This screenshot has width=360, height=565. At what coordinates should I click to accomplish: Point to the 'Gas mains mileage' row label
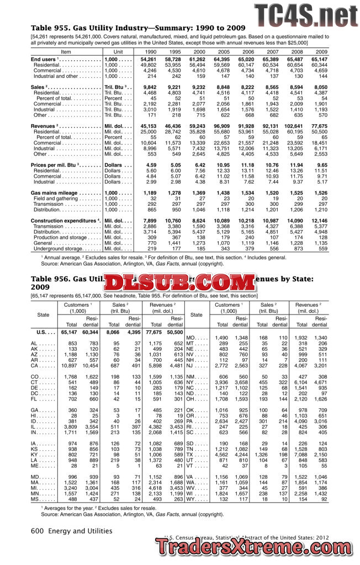point(55,193)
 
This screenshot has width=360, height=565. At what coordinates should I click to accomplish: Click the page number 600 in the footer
point(37,531)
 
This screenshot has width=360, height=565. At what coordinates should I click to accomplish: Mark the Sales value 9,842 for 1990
point(150,87)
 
